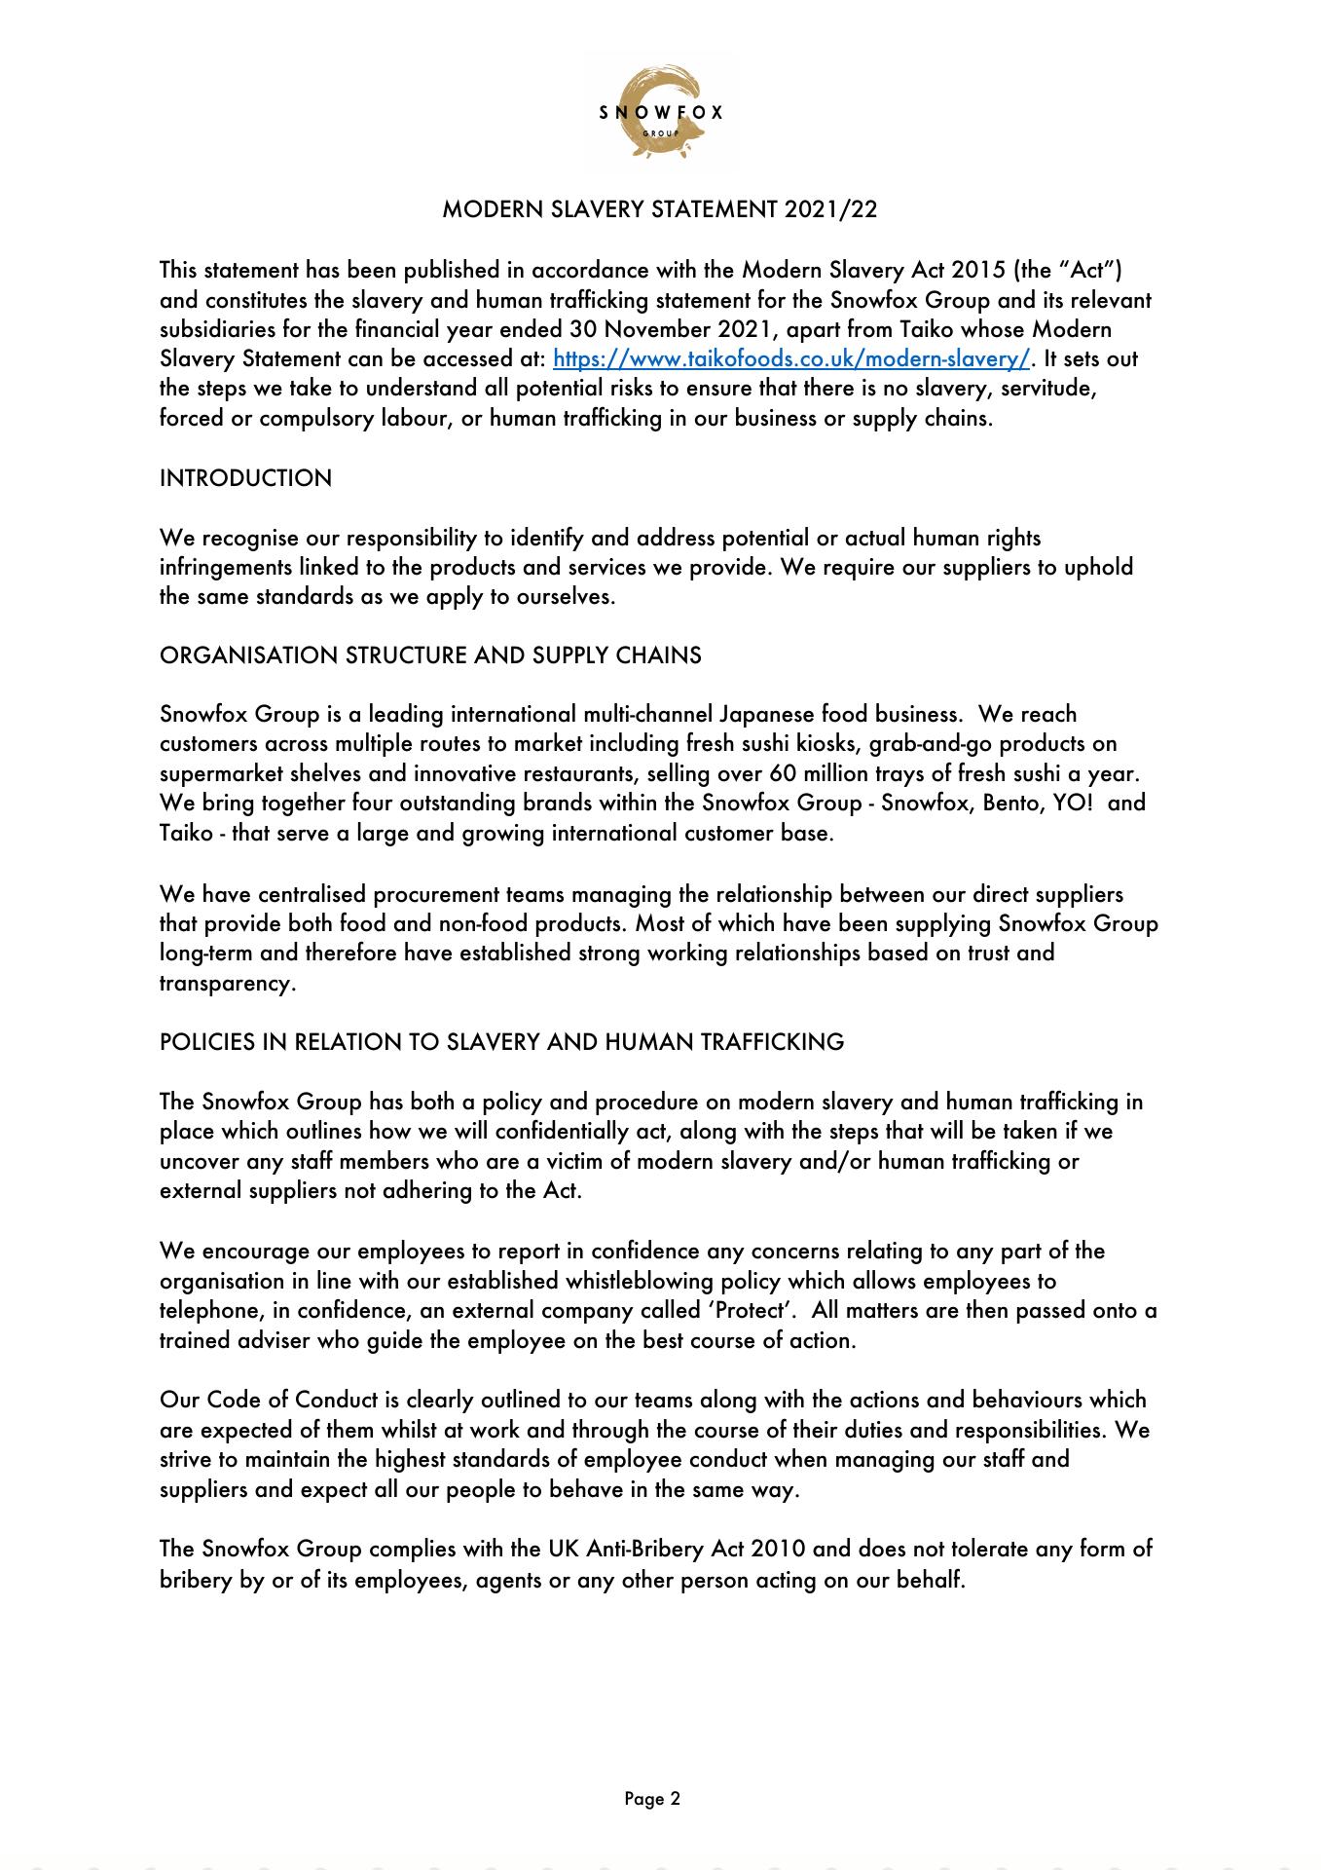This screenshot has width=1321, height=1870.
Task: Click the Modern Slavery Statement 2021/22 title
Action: point(660,209)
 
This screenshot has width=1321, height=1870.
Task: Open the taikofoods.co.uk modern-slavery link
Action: point(790,358)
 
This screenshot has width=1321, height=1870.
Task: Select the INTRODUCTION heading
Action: point(245,478)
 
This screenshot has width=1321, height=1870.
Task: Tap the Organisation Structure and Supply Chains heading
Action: point(430,655)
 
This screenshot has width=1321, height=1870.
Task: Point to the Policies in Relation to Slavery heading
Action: point(501,1042)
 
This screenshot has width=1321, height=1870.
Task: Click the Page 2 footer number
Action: point(652,1799)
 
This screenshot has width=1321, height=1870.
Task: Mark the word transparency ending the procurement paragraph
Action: point(226,984)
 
